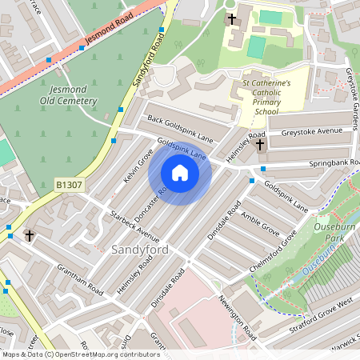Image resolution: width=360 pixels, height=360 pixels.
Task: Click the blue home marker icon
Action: click(180, 173)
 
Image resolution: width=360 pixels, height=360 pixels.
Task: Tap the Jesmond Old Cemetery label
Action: click(68, 94)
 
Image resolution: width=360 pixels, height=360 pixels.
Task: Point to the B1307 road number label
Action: click(70, 185)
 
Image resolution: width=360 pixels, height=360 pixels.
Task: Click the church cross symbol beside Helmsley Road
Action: click(259, 145)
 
